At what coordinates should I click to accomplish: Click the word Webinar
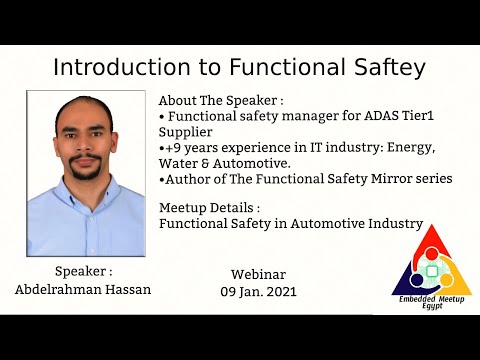pos(259,275)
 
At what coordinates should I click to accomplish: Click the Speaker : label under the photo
pos(84,271)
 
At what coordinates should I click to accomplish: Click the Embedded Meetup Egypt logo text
pos(431,299)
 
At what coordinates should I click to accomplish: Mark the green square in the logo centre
pos(432,270)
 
